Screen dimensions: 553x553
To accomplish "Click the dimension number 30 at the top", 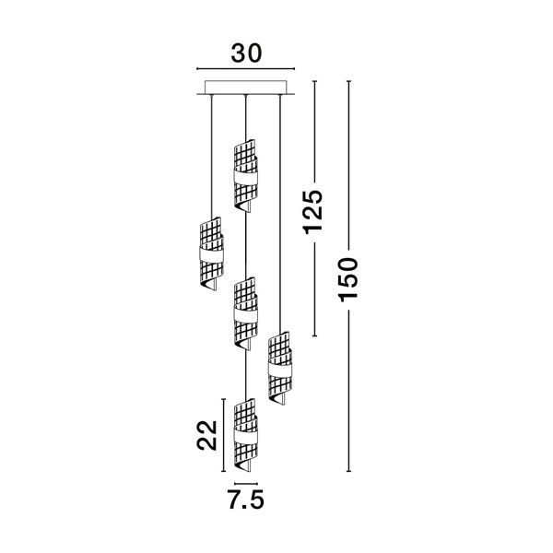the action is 246,53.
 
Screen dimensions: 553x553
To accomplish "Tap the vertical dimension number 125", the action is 313,212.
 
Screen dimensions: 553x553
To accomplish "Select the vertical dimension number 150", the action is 348,280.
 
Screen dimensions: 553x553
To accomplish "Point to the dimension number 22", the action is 206,435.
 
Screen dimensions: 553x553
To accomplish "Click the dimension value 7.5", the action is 246,500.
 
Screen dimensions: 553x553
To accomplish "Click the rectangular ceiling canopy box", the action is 246,88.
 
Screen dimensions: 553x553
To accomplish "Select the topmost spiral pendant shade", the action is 246,176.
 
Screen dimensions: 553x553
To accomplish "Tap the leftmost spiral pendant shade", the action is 211,253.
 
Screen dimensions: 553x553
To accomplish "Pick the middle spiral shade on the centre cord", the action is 246,313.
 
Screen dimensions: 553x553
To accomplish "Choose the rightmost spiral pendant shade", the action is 279,368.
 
